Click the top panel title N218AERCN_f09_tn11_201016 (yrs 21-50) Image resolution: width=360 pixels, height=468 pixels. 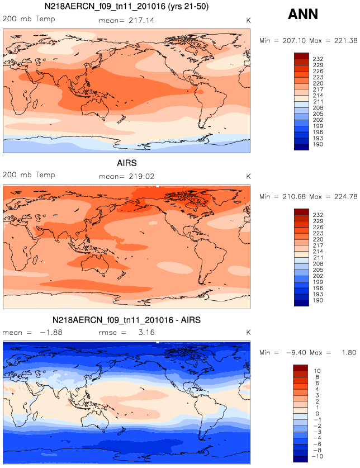[x=127, y=7]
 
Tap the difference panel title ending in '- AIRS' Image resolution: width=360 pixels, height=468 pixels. [x=127, y=320]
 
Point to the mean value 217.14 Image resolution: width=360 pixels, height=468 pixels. [x=141, y=20]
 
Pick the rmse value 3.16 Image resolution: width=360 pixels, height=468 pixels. [x=143, y=332]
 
